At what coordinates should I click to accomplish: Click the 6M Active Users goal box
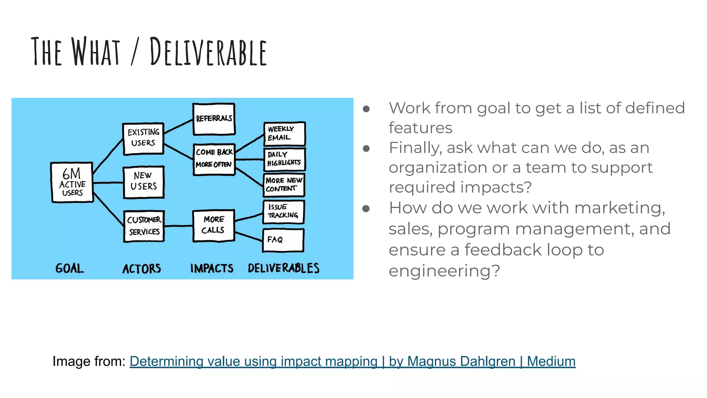pos(72,182)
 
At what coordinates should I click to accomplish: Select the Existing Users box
pos(143,138)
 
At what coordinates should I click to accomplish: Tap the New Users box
pos(144,182)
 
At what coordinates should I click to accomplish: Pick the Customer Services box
pos(144,226)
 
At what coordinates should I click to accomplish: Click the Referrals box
pos(214,119)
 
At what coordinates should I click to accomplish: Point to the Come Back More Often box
pos(214,159)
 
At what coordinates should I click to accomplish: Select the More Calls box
pos(213,225)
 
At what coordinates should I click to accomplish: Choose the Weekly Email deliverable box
pos(284,133)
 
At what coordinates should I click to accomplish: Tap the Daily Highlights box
pos(284,159)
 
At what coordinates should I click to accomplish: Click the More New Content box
pos(284,185)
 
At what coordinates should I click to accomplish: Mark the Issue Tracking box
pos(283,211)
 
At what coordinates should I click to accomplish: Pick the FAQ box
pos(283,240)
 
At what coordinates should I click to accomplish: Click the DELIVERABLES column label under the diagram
pos(283,268)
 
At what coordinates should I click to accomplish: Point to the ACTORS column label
pos(142,269)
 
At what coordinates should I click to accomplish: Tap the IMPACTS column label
pos(212,269)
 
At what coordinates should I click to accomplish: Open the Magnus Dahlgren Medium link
pos(352,361)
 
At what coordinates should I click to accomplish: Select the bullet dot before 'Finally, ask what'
pos(366,149)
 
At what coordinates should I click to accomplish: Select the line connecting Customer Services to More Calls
pos(178,226)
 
